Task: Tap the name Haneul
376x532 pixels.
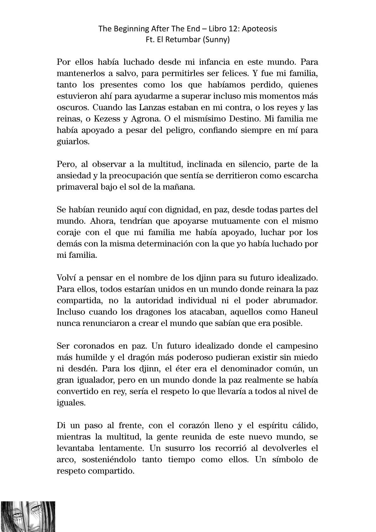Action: (303, 312)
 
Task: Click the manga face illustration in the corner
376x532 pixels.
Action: (28, 516)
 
